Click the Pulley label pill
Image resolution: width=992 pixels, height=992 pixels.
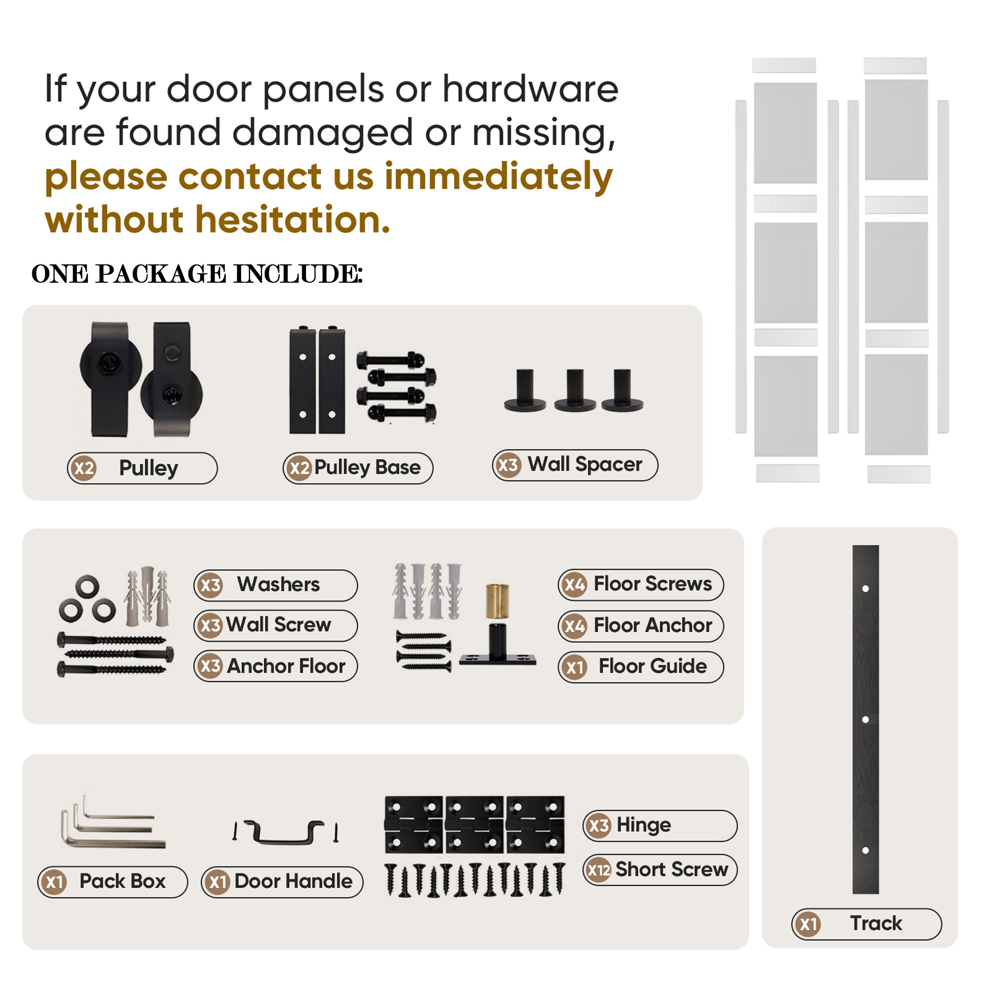[142, 468]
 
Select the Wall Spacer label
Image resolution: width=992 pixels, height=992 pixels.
[575, 465]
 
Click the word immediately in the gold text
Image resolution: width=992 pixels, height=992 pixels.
[498, 176]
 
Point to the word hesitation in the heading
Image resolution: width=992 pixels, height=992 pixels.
[293, 220]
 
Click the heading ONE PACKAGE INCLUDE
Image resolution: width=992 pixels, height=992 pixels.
[197, 274]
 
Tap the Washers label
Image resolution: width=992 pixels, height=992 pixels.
[276, 585]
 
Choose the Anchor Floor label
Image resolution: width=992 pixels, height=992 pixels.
[276, 667]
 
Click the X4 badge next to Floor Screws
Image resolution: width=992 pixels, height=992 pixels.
[574, 585]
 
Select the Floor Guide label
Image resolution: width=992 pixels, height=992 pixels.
[641, 667]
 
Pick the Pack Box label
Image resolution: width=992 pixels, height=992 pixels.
[113, 882]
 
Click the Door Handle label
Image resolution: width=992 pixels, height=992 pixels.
[282, 882]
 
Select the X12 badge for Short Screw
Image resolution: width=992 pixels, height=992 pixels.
[598, 870]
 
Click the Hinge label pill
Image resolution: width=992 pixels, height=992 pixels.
[660, 826]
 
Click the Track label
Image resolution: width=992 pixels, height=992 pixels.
[867, 924]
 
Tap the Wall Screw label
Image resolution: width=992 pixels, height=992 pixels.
[276, 626]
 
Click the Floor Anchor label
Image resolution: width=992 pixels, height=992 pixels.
[641, 626]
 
